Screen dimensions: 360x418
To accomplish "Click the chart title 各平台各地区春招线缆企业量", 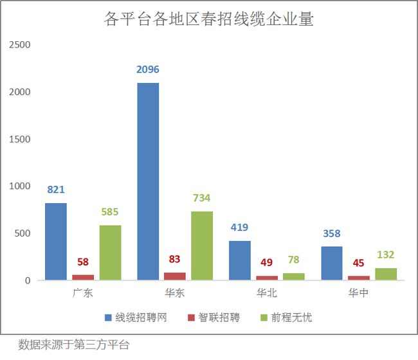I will tap(208, 19).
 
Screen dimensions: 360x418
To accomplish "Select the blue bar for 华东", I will tap(147, 181).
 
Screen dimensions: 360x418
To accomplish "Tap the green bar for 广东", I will tap(110, 253).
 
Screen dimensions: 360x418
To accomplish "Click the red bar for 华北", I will tap(267, 278).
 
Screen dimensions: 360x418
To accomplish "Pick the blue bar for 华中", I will tap(331, 264).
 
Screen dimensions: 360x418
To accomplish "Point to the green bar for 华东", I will tap(202, 246).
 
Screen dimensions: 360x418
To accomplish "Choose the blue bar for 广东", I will tap(55, 242).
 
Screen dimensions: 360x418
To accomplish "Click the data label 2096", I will tap(147, 69).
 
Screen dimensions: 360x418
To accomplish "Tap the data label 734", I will tap(202, 198).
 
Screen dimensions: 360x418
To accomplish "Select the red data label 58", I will tap(83, 262).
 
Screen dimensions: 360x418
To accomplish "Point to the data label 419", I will tap(239, 228).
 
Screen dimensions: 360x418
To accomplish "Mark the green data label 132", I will tap(385, 255).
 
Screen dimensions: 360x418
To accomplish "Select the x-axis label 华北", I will tap(267, 294).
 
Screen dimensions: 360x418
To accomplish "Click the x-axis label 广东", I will tap(83, 294).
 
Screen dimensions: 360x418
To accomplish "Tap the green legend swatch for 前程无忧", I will tap(263, 318).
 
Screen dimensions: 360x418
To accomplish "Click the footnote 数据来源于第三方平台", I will tap(74, 344).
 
